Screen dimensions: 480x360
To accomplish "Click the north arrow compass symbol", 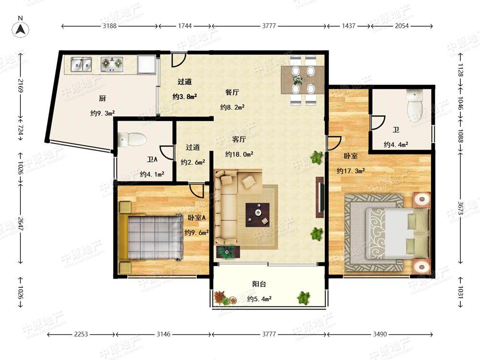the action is pos(21,30).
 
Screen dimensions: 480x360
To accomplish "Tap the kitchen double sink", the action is pos(81,64).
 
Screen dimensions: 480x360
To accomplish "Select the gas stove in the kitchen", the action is pos(112,64).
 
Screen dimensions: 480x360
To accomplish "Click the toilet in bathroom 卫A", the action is pos(132,140).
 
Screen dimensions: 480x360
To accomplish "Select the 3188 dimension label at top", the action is pos(109,26).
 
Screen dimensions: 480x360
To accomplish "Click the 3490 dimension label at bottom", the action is pos(380,334).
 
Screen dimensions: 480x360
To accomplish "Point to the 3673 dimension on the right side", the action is pos(460,208).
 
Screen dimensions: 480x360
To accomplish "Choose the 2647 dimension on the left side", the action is pos(21,225).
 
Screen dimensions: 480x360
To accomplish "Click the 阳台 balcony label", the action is pos(259,284).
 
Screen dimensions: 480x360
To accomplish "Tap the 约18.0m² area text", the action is pos(239,154).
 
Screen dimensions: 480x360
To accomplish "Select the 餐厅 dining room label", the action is pos(232,92).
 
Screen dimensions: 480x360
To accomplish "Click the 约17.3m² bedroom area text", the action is pos(351,171).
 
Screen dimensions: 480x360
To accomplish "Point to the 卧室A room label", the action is pos(196,217).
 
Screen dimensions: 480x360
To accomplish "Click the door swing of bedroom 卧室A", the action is pos(196,191).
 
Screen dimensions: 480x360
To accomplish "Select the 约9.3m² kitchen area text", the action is pos(103,113).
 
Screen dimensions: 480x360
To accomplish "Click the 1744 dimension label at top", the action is pos(185,26).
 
